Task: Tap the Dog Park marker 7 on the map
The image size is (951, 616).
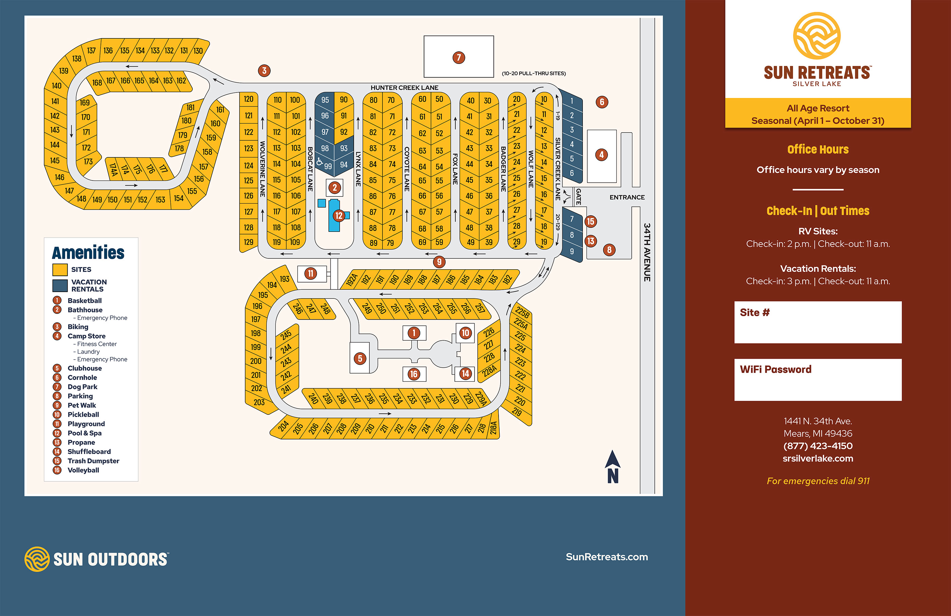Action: pyautogui.click(x=459, y=57)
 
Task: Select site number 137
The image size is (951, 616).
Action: pyautogui.click(x=91, y=51)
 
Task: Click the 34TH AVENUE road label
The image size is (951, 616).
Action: pyautogui.click(x=647, y=252)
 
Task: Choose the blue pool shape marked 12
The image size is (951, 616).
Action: pyautogui.click(x=335, y=216)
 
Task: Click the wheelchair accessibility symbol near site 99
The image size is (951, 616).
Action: pyautogui.click(x=319, y=161)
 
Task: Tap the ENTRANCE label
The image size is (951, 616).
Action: pyautogui.click(x=627, y=197)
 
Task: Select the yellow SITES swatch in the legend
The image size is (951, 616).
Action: pyautogui.click(x=60, y=270)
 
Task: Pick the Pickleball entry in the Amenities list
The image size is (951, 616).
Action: pyautogui.click(x=83, y=414)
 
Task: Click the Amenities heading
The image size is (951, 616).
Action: pyautogui.click(x=88, y=253)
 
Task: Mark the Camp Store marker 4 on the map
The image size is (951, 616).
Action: pyautogui.click(x=602, y=155)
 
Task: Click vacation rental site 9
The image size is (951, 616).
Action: pyautogui.click(x=572, y=251)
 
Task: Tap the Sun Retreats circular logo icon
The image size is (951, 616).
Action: pyautogui.click(x=817, y=36)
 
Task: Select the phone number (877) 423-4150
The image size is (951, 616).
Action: pyautogui.click(x=818, y=446)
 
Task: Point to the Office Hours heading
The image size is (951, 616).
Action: pyautogui.click(x=818, y=150)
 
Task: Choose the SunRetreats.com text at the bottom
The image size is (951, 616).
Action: pyautogui.click(x=607, y=557)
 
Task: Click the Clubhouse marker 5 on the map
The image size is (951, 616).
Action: pyautogui.click(x=360, y=358)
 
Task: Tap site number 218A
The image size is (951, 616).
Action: pyautogui.click(x=494, y=428)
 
